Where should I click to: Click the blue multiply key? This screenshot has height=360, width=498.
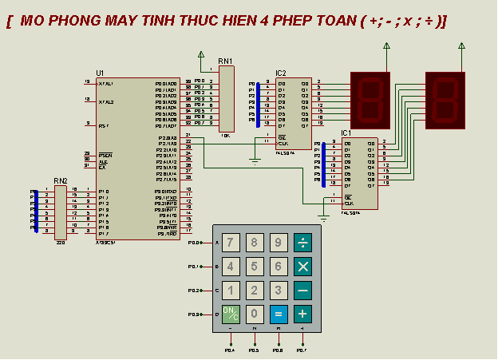point(302,267)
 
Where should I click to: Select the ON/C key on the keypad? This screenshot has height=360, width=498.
point(230,314)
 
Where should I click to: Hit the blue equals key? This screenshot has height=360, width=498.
point(279,314)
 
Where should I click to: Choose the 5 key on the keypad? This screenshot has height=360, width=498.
point(255,267)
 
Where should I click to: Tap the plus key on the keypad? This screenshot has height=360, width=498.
point(302,314)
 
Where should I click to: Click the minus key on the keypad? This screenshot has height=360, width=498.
point(302,291)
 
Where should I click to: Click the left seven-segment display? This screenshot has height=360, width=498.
point(370,100)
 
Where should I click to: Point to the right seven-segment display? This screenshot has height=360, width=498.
point(445,100)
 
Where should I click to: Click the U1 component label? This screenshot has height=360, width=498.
point(100,73)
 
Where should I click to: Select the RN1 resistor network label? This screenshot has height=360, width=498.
point(225,61)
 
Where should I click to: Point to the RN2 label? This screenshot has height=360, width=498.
point(61,181)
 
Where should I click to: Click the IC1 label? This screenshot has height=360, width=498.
point(346,133)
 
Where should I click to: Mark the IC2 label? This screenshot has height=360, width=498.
point(281,73)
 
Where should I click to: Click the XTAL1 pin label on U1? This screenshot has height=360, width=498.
point(106,83)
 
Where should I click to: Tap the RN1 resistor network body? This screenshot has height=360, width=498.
point(227,99)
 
